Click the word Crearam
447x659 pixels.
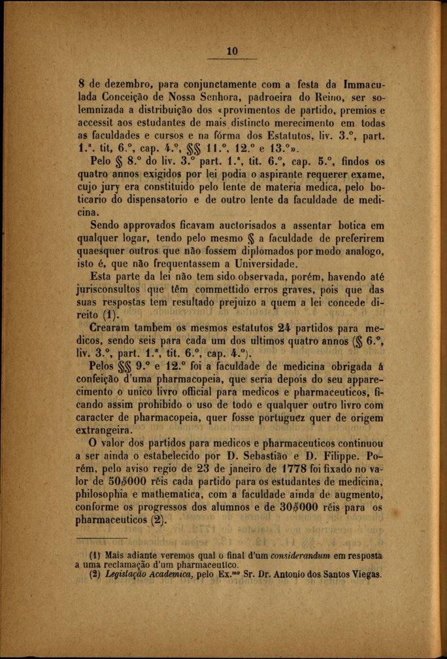(113, 329)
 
